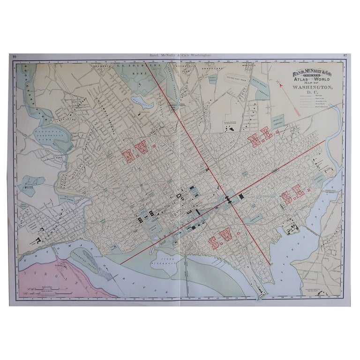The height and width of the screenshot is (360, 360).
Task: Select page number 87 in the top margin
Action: coord(345,56)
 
